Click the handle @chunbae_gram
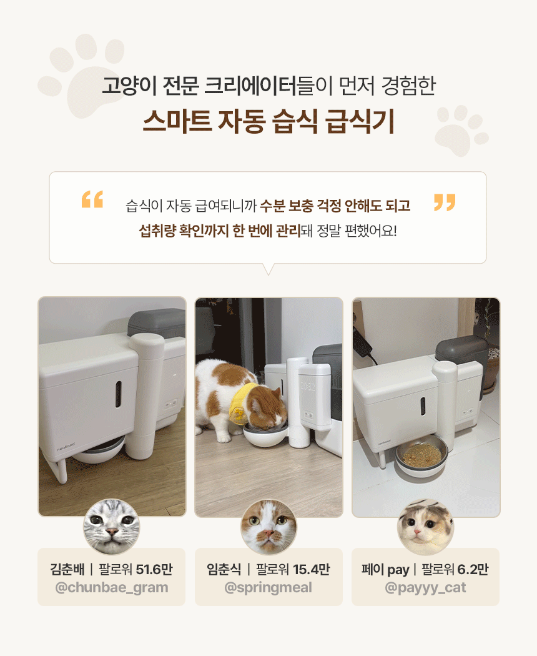[112, 587]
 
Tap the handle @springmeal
[268, 587]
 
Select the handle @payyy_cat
[425, 587]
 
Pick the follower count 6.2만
[473, 569]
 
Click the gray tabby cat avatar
[112, 527]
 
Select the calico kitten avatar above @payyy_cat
[425, 527]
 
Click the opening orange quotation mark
[92, 199]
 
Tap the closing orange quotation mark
[445, 202]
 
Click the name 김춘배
[67, 569]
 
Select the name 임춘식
[224, 569]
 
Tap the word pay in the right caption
[398, 570]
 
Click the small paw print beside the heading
[461, 131]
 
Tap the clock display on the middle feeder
[308, 387]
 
